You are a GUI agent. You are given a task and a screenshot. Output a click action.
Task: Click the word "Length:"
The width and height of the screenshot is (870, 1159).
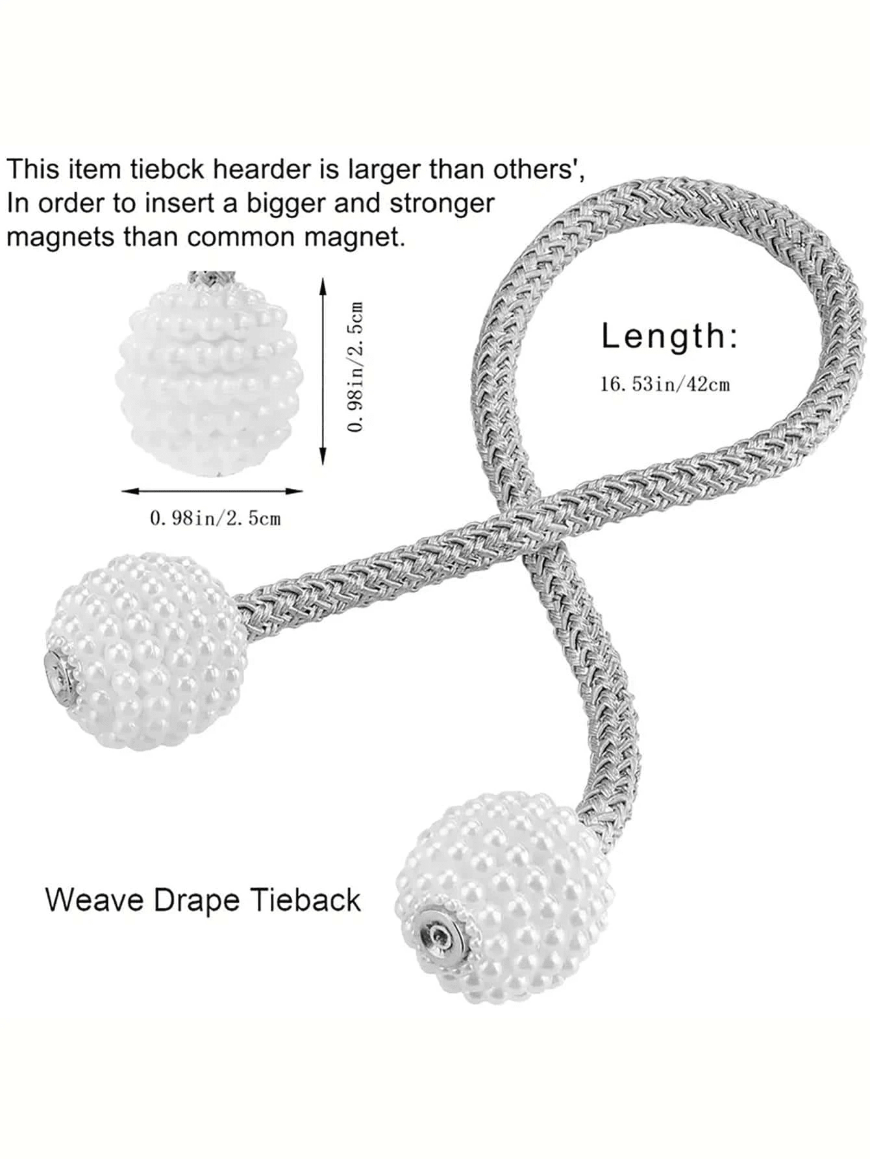[669, 337]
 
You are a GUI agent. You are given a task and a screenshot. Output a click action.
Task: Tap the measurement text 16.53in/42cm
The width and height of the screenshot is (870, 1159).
[665, 384]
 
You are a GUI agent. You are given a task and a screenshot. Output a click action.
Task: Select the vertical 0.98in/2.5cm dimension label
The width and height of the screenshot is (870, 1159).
[356, 366]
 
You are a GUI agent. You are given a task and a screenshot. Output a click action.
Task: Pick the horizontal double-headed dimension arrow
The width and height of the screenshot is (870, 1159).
[212, 491]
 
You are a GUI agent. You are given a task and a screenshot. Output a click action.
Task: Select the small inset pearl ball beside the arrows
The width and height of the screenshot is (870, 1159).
[216, 377]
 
